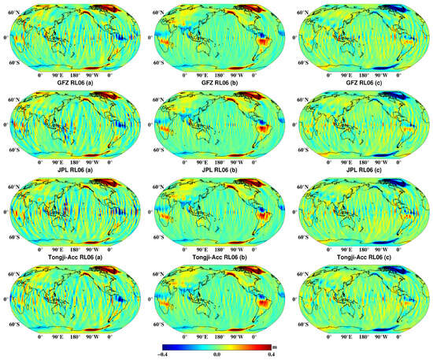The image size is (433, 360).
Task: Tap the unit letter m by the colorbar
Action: coord(273,345)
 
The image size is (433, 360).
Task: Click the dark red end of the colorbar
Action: coord(267,346)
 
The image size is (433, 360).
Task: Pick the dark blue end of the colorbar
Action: coord(165,346)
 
